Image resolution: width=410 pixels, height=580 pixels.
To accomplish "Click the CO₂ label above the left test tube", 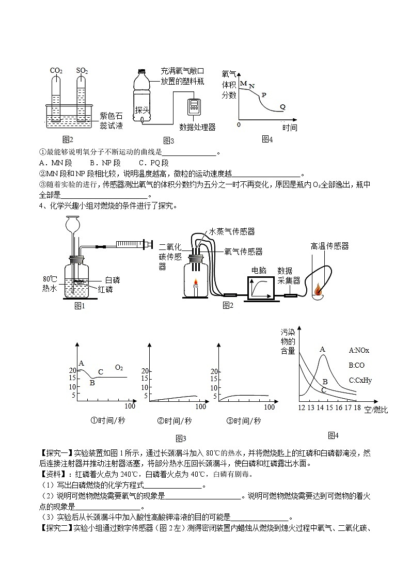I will pos(56,70).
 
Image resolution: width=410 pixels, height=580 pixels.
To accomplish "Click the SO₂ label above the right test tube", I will pos(82,70).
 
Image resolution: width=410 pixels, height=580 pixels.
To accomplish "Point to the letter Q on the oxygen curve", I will pos(282,106).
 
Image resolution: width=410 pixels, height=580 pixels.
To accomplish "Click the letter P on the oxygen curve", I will pos(263,95).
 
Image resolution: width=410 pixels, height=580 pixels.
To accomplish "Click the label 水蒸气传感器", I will pos(232,232).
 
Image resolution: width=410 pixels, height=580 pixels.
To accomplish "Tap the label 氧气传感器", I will pos(243,252).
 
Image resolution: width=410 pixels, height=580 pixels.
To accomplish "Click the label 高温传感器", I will pos(329,246).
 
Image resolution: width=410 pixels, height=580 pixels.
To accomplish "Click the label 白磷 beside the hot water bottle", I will pos(112,279).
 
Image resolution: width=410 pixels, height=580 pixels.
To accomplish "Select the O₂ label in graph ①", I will pos(119,367).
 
